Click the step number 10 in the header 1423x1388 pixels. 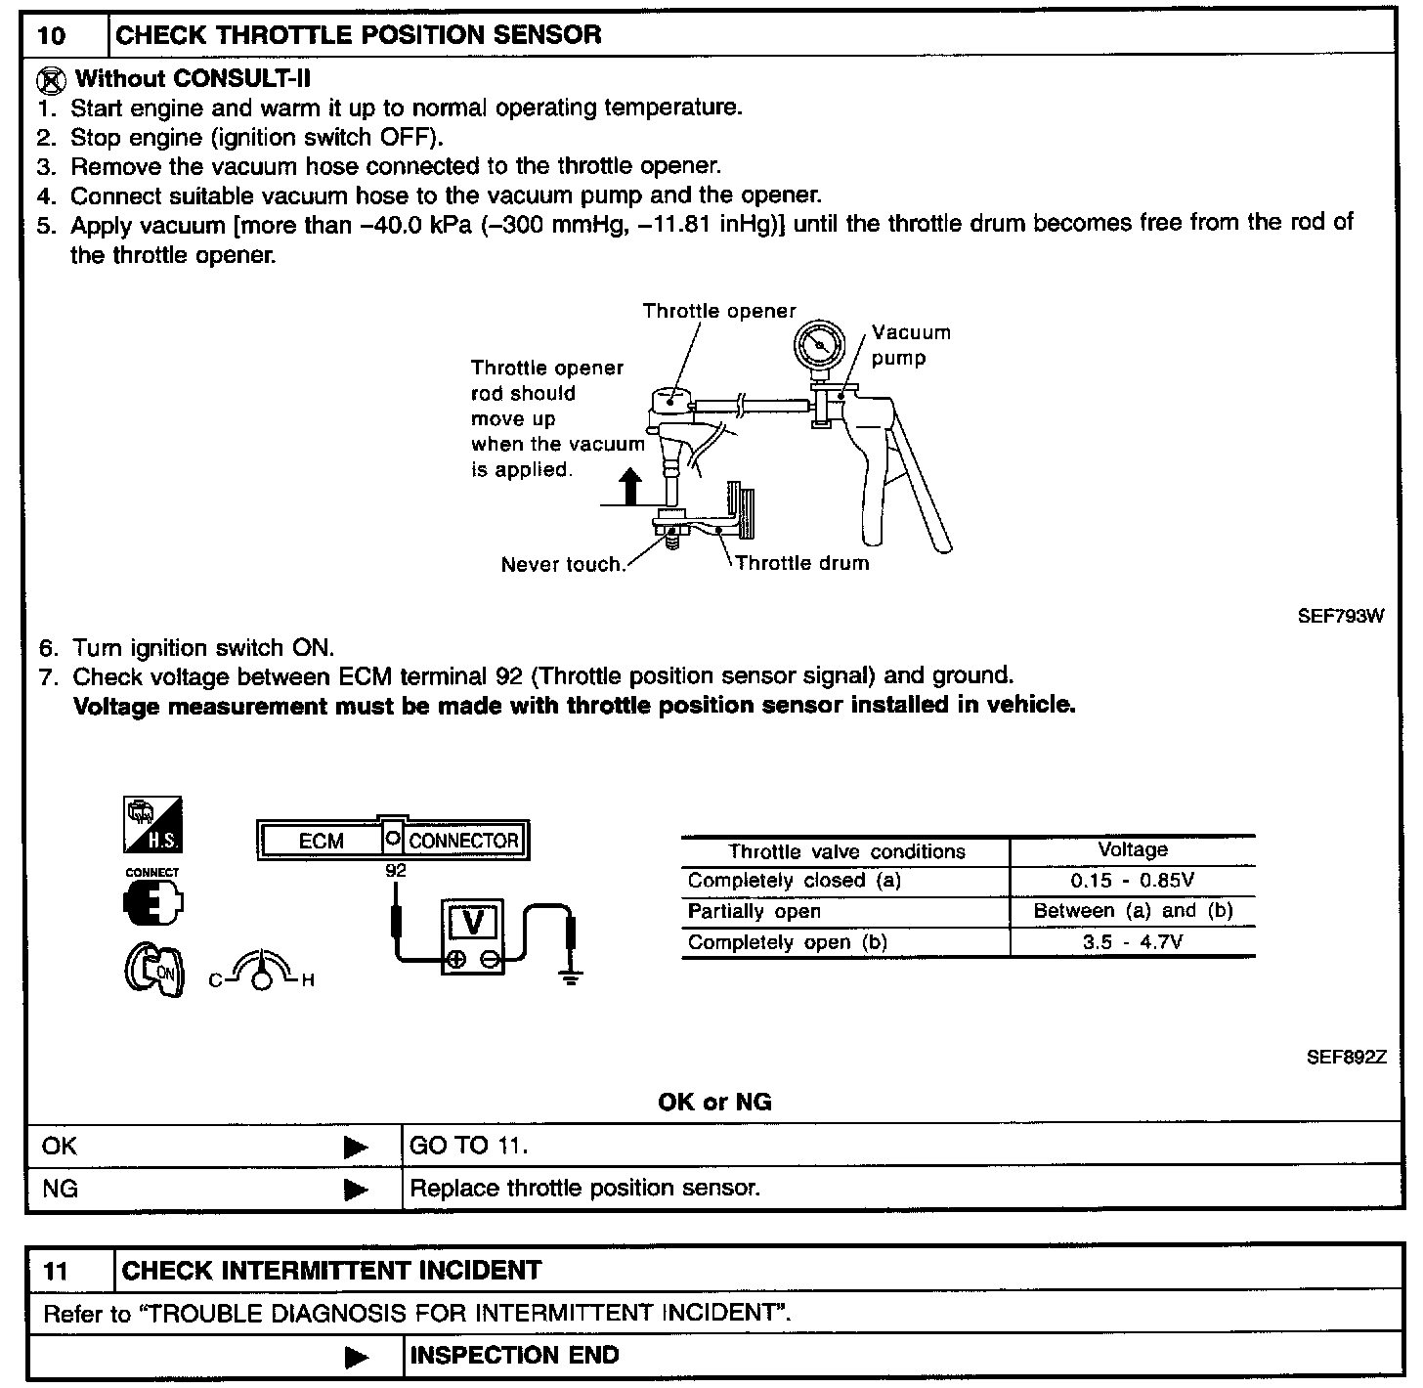[x=52, y=36]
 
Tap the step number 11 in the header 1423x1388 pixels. [x=58, y=1271]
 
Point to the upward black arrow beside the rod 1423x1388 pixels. [x=631, y=486]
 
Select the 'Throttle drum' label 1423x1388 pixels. [x=801, y=563]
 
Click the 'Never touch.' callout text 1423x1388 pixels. [x=562, y=564]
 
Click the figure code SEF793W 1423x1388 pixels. [x=1340, y=616]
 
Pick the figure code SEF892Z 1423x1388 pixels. [x=1346, y=1057]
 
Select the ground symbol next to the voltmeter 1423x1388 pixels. [x=572, y=976]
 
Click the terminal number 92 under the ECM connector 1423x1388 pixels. [x=395, y=869]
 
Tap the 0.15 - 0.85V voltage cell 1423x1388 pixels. [x=1132, y=880]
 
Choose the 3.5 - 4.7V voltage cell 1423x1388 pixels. [x=1132, y=942]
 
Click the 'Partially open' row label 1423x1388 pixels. [x=754, y=911]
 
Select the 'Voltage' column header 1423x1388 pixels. [x=1132, y=849]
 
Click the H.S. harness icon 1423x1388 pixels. [x=152, y=825]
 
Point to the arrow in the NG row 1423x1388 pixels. [x=357, y=1190]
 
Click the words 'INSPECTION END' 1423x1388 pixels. [x=514, y=1356]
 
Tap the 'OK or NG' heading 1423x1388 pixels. [x=714, y=1103]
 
